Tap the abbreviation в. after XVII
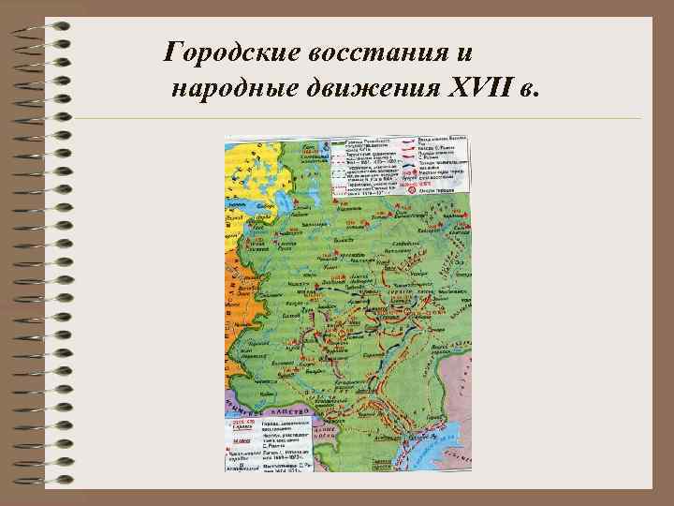click(x=531, y=88)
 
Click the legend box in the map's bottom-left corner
click(x=267, y=444)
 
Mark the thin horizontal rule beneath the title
click(x=356, y=119)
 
